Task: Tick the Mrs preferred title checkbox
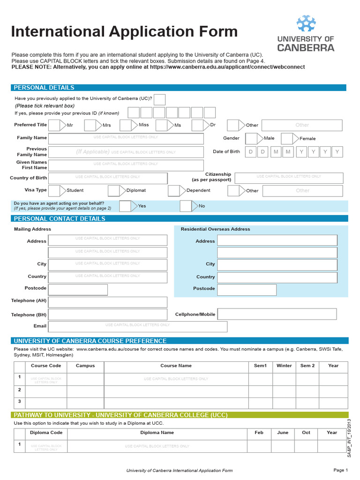[90, 125]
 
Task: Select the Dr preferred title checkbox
[197, 125]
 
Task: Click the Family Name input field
[126, 139]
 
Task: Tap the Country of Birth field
[108, 178]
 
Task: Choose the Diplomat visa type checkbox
[113, 191]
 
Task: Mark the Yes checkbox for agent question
[125, 206]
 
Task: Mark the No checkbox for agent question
[186, 206]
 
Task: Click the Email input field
[138, 326]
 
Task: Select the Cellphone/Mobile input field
[277, 314]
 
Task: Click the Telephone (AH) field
[108, 302]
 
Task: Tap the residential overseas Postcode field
[247, 290]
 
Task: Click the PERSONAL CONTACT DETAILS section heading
[60, 219]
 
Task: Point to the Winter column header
[284, 366]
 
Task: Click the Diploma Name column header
[157, 433]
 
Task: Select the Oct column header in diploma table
[306, 433]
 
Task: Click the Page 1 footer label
[340, 470]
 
